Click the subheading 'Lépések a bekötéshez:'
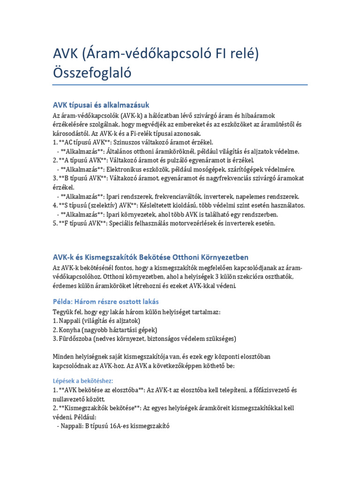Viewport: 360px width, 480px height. click(83, 381)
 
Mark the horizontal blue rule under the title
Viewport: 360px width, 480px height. click(180, 85)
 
